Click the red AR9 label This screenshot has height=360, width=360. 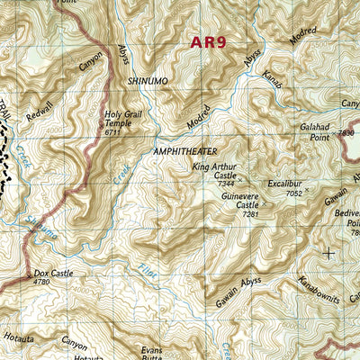[209, 41]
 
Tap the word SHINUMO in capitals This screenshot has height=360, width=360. [148, 81]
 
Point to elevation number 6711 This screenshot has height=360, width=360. [112, 132]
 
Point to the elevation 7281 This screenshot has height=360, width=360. [250, 214]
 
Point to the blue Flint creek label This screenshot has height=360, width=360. [148, 270]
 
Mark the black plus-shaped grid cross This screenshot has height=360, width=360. [328, 254]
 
